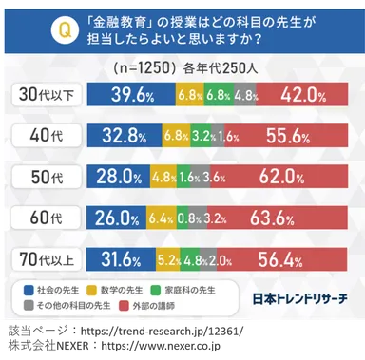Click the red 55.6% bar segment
286,136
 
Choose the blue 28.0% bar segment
118,176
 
